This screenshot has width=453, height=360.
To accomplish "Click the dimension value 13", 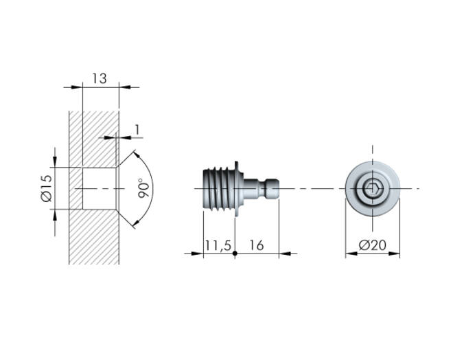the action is pos(100,78).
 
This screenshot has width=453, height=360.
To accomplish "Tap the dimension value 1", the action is pos(137,130).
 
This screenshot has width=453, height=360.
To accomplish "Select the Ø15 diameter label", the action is pos(46,188).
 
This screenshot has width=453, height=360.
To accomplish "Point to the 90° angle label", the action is pos(143,188).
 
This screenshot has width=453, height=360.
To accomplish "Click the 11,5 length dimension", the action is pos(218,245).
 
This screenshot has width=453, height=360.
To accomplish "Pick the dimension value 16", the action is pos(257,245).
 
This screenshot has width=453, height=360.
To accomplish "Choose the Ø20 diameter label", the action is pos(373,245).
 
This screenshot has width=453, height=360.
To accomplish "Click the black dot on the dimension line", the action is pos(235,254).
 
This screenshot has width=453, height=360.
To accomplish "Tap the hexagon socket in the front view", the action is pos(373,189).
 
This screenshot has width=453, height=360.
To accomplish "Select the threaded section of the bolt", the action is pos(218,189).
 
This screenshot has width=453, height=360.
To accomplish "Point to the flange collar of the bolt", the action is pos(238,189).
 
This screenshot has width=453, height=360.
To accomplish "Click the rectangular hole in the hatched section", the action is pos(100,188).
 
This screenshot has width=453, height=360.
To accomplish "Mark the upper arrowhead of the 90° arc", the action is pos(137,154).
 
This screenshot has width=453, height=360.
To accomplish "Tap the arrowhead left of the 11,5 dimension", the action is pos(198,254).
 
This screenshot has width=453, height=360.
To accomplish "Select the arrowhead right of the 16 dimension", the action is pos(285,254).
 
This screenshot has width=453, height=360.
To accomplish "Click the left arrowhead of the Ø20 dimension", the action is pos(351,254).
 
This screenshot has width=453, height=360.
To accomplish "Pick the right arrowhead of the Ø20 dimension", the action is pos(394,254).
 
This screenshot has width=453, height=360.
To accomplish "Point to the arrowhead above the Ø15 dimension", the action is pos(55,162).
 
